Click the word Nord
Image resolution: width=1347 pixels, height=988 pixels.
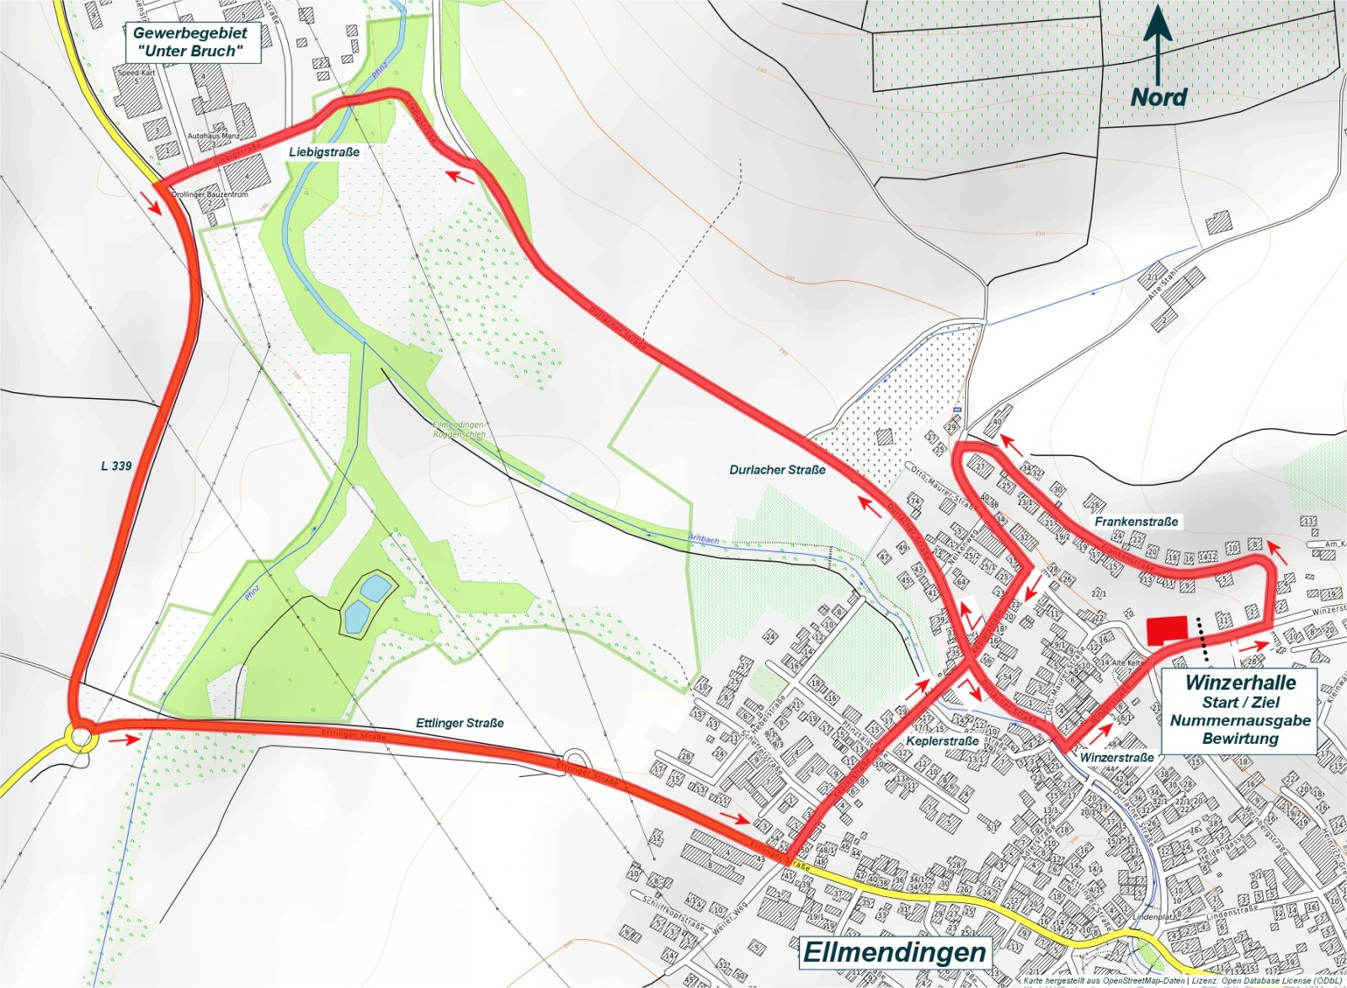[x=1158, y=97]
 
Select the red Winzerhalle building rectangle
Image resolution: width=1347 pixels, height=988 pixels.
[x=1168, y=630]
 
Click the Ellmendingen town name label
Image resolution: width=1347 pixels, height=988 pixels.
[x=894, y=952]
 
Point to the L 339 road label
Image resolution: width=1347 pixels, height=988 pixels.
[x=116, y=465]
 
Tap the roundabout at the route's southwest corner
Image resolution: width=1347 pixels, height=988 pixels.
[x=81, y=737]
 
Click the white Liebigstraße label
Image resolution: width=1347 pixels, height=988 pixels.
[x=324, y=152]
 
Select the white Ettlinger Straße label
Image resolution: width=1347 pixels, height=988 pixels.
[x=460, y=723]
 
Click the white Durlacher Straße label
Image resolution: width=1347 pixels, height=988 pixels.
[x=777, y=470]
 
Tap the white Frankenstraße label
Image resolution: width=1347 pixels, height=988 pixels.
[x=1136, y=522]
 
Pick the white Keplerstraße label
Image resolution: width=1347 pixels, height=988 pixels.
[x=942, y=741]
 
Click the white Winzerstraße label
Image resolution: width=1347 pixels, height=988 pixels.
[x=1116, y=757]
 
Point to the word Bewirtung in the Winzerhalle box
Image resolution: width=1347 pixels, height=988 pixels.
[x=1239, y=739]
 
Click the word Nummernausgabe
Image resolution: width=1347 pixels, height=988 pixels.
[x=1239, y=720]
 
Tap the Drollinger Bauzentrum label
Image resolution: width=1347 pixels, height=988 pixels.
[x=210, y=194]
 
